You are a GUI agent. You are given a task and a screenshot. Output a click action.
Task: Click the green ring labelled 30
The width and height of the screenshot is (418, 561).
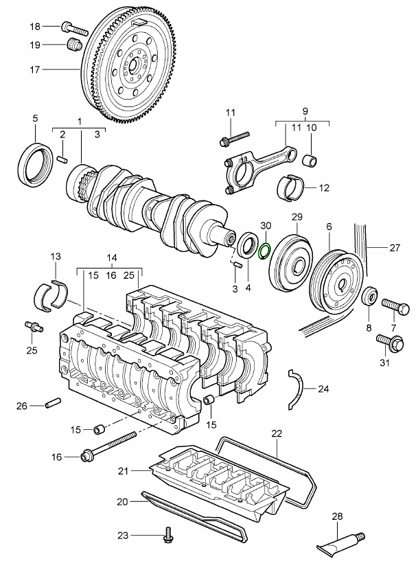pos(266,248)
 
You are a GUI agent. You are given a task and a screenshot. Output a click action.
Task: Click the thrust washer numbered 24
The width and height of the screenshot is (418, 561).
pos(299,389)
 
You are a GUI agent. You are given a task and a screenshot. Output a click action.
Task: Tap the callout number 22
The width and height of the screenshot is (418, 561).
pos(277,433)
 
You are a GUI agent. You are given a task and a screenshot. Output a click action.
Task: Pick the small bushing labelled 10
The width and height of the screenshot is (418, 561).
pos(311,162)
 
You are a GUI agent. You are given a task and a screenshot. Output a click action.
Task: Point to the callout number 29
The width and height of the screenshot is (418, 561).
pos(297,218)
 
